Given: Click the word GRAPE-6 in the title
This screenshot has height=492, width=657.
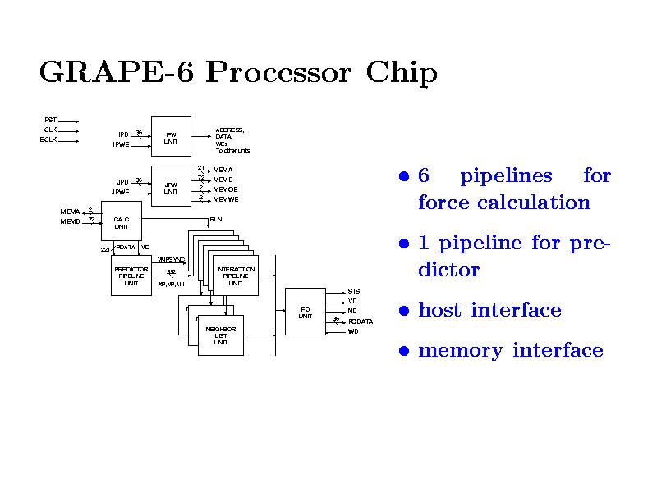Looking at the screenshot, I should point(116,74).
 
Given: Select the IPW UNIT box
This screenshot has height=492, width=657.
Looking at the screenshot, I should point(171,137).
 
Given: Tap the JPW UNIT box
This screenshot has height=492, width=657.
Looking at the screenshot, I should point(171,188).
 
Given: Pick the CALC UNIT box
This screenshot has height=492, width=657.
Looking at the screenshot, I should point(121,223).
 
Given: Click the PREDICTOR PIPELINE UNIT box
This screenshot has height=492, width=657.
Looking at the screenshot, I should point(131,276).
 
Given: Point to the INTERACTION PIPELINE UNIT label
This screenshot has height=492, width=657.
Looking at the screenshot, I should point(235,276).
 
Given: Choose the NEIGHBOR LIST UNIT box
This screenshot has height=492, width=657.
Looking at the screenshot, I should point(221,335).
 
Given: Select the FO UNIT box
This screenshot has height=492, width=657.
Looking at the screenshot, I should point(305,312).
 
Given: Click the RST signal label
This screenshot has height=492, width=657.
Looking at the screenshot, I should point(50,120).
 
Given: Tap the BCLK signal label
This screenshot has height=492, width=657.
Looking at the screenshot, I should point(48,139).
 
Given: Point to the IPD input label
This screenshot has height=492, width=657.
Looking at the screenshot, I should point(123,134).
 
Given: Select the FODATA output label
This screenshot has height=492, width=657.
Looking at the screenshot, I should point(361,321).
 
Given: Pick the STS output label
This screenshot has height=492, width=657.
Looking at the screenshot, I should point(353,291).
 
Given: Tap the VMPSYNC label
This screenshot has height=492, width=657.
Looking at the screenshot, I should point(171,259).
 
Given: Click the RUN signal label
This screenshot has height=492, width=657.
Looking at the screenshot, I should point(215,219).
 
